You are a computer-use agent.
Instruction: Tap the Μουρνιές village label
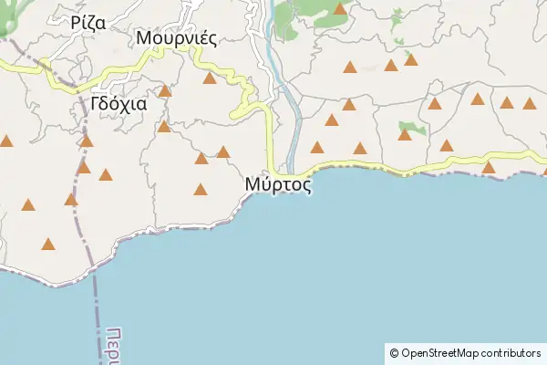point(176,38)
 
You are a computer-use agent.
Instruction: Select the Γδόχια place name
point(119,103)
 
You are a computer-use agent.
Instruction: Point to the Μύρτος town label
point(278,184)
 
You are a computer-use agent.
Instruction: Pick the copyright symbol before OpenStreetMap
point(394,352)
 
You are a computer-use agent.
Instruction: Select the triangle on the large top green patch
point(340,9)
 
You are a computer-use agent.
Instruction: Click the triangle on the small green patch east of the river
point(405,135)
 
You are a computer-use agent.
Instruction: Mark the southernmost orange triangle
point(47,244)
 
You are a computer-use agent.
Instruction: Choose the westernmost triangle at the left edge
point(6,141)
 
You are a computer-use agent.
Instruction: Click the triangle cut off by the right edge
point(544,169)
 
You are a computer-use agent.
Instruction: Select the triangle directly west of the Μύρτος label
point(201,190)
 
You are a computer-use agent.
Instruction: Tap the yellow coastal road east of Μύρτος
point(410,170)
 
